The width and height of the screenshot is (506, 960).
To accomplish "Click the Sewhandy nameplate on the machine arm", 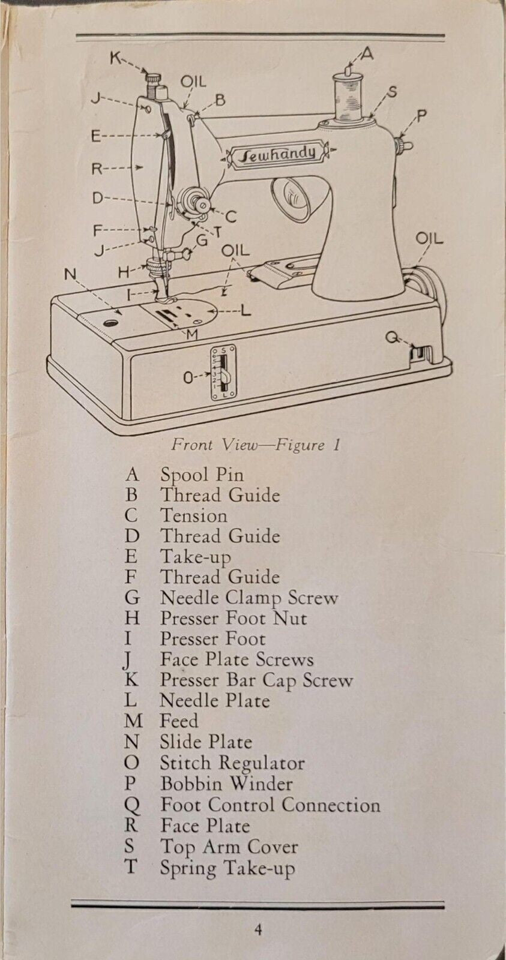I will tap(279, 155).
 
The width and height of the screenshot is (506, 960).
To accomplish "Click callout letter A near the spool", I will tap(367, 55).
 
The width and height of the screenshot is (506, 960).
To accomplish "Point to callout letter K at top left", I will tap(115, 58).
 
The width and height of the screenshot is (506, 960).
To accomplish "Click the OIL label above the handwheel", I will tap(430, 239).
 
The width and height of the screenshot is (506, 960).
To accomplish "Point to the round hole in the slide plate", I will tap(109, 323).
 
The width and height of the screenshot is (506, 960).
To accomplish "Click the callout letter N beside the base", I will tap(71, 275).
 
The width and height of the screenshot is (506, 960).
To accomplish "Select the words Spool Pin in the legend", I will tap(202, 475).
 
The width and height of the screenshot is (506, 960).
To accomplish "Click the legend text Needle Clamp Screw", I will tap(248, 598).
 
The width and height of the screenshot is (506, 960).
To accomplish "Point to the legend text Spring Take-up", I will tap(227, 868).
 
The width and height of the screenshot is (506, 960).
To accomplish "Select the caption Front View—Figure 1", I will tap(256, 445).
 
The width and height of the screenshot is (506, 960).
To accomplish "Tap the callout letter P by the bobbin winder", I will tap(421, 116).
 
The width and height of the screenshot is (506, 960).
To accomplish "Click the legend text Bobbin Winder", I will tap(226, 784).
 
